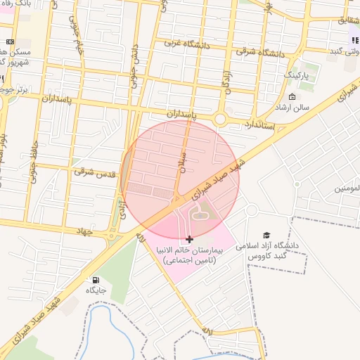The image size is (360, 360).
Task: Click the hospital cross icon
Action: pos(190,240)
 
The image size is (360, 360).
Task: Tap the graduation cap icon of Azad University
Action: pos(266,235)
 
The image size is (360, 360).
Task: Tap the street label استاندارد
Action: pos(258,125)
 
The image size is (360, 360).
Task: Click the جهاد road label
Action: pos(82,230)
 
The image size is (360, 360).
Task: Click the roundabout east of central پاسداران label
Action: pos(220,120)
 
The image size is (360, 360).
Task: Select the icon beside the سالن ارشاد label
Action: pos(292,96)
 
